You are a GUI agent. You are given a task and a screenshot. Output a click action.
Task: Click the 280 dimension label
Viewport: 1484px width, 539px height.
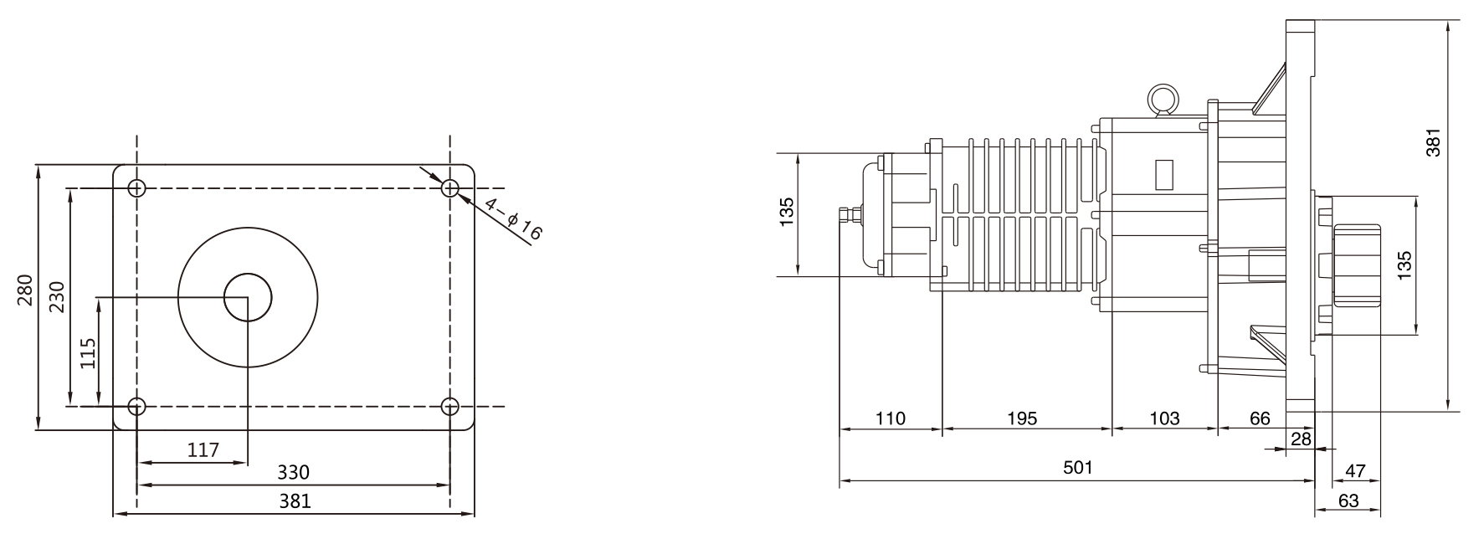[x=25, y=290]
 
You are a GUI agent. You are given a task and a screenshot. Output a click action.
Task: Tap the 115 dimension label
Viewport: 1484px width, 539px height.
[x=88, y=352]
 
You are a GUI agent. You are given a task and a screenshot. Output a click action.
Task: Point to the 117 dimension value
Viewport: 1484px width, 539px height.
[x=203, y=450]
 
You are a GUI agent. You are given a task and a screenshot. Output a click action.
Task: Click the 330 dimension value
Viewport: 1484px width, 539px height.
[x=293, y=472]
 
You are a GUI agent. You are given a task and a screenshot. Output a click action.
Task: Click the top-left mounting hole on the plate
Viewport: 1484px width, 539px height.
[x=137, y=187]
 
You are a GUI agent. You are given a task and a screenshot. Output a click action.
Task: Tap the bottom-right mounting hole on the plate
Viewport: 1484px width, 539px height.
[x=450, y=407]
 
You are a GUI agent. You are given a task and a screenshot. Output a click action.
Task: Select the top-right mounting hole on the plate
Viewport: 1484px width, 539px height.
[x=450, y=187]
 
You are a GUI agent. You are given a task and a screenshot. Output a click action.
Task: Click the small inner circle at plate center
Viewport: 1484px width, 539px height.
[x=248, y=297]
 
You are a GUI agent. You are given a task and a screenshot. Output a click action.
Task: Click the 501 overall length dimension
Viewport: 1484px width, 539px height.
[x=1078, y=467]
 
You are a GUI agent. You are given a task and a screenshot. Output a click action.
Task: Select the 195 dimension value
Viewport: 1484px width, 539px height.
[x=1022, y=418]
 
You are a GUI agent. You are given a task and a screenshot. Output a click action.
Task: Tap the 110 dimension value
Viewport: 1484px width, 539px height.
[x=891, y=418]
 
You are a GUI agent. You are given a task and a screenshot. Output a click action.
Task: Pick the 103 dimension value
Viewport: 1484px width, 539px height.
[x=1164, y=418]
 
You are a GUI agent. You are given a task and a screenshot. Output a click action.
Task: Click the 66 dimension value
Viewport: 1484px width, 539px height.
[x=1259, y=418]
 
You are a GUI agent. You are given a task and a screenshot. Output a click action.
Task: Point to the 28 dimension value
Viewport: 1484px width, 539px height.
[x=1302, y=439]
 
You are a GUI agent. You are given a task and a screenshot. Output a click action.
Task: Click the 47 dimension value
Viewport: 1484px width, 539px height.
[x=1354, y=471]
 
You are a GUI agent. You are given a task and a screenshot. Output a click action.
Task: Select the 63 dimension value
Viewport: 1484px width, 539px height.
[x=1348, y=501]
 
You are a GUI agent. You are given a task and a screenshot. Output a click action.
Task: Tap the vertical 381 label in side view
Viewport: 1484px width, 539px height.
[x=1433, y=142]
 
